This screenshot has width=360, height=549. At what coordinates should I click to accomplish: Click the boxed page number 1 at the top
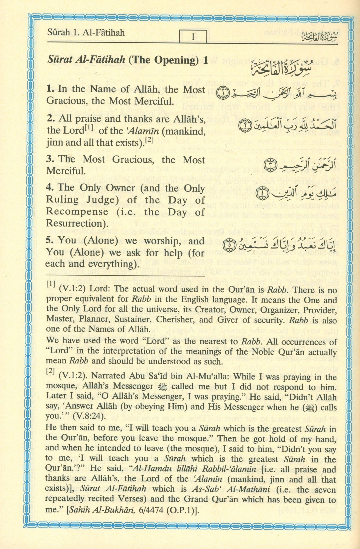pos(193,37)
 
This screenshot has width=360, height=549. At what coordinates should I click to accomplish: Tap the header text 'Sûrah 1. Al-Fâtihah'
pos(86,33)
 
